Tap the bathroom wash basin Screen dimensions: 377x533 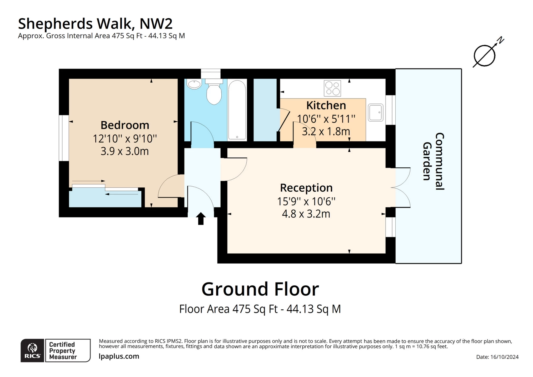(x=194, y=84)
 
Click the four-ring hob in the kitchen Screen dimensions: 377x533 (x=332, y=88)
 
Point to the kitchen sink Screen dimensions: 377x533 (x=375, y=112)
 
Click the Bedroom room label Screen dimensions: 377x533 (x=125, y=125)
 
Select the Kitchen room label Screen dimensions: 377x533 (x=326, y=105)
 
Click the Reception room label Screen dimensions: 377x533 (x=306, y=188)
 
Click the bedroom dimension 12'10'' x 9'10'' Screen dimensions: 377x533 (x=125, y=138)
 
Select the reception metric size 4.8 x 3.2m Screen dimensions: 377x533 (x=306, y=214)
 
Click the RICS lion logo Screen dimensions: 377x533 (x=32, y=350)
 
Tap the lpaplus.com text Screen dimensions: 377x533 (x=119, y=356)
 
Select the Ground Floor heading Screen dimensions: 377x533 (x=260, y=289)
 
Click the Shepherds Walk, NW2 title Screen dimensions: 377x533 (x=95, y=23)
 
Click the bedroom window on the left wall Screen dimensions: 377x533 (x=64, y=138)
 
